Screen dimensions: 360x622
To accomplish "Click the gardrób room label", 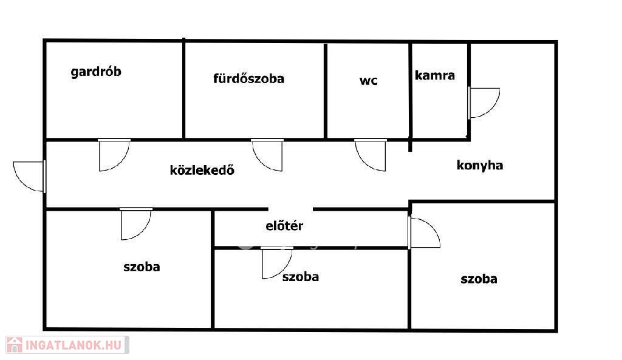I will [96, 72].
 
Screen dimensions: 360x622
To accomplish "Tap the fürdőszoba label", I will [248, 78].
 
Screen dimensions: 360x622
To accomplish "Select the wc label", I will [368, 80].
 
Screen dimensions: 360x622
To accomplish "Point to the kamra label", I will [435, 76].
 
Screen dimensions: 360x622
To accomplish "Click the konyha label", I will [480, 165].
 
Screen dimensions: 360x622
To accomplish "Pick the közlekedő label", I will [202, 170].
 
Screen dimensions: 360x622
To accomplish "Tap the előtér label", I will [284, 226].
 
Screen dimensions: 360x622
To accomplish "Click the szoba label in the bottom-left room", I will [142, 266].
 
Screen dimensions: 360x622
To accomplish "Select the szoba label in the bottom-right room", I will [479, 279].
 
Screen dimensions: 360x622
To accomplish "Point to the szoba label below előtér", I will [300, 277].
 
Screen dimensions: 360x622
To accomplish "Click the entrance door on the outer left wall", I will [29, 176].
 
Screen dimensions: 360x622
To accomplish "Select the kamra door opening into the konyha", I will [484, 103].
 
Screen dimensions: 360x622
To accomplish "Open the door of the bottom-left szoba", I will [135, 224].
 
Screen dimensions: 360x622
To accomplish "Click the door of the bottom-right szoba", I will [424, 233].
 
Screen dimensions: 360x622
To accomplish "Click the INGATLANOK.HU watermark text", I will [75, 345].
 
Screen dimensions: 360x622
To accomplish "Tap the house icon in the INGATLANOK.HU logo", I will [15, 345].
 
